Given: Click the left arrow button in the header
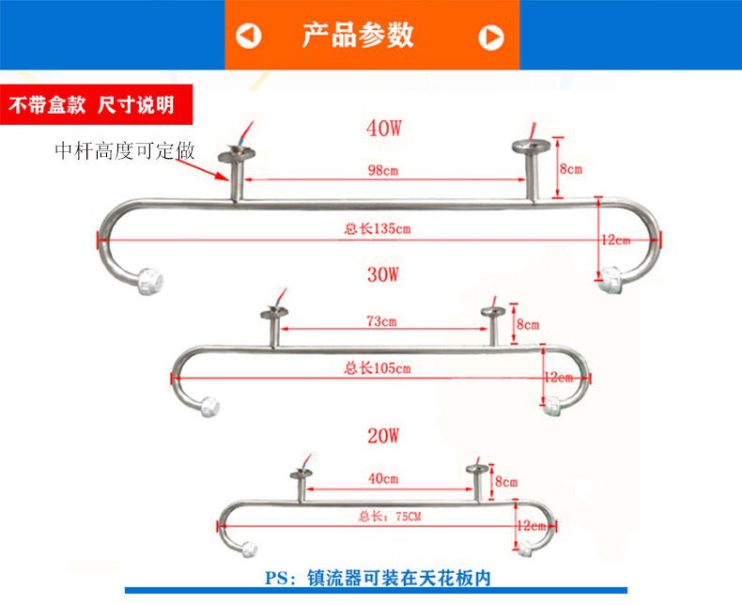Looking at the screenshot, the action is click(x=249, y=37).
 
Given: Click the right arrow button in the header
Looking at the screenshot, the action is click(x=491, y=37).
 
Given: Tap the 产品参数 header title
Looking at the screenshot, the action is click(x=357, y=35).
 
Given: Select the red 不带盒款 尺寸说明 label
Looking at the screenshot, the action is click(x=91, y=104).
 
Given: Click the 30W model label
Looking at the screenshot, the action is click(x=384, y=274).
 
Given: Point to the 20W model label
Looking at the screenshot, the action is click(x=384, y=436).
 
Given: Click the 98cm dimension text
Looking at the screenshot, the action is click(x=382, y=170).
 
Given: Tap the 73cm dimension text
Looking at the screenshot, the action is click(x=381, y=321).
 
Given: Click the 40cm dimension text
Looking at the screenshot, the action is click(x=383, y=478).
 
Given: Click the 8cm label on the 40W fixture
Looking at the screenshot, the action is click(x=570, y=169).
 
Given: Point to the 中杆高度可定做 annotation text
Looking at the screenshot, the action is click(x=125, y=150).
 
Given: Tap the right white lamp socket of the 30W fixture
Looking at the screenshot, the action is click(x=553, y=405).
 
